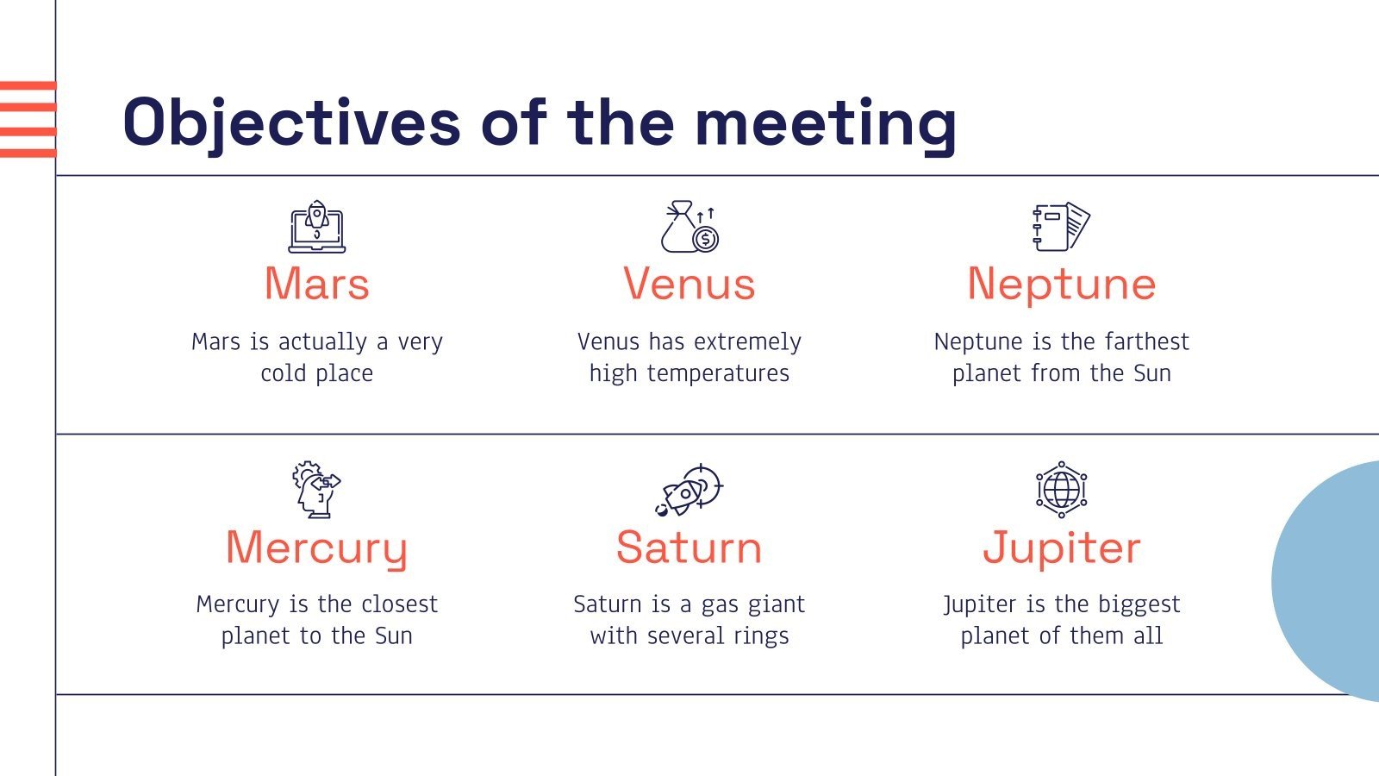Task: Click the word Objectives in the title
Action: (x=292, y=123)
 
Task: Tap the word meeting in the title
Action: (x=826, y=127)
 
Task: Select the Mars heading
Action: (x=317, y=284)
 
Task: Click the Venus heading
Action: (x=689, y=284)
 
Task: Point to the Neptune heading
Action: (x=1062, y=285)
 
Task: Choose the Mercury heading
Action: (x=317, y=549)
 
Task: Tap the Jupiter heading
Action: (x=1062, y=548)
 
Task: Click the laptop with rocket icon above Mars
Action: (x=317, y=227)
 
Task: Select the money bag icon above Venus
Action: (x=689, y=227)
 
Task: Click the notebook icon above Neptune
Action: (x=1061, y=227)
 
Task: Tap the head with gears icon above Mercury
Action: (x=316, y=490)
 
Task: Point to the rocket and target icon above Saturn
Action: (x=689, y=490)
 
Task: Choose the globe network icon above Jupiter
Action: (x=1061, y=490)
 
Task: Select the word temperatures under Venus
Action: (x=718, y=374)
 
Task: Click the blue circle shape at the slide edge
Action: (x=1330, y=581)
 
